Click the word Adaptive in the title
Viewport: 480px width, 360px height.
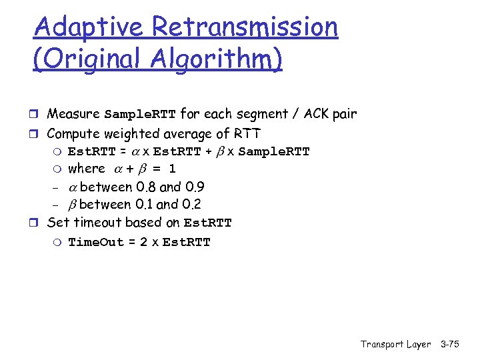pos(89,27)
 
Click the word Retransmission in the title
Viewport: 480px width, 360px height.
pos(245,27)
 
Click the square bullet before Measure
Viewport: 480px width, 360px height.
pos(38,115)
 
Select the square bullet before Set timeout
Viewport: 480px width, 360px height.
pos(38,223)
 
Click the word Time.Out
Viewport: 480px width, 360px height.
pos(96,242)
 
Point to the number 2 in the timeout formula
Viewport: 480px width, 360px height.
pos(143,242)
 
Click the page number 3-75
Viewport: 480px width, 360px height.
pos(454,344)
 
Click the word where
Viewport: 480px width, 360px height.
pos(87,169)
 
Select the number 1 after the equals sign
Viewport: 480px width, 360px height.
pos(172,169)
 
